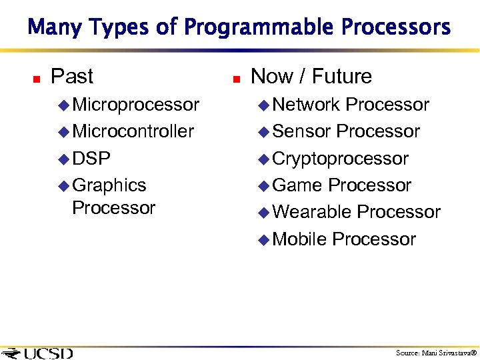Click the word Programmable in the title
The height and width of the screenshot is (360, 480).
point(260,28)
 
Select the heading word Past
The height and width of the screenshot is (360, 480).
point(72,77)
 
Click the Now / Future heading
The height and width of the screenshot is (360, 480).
point(311,77)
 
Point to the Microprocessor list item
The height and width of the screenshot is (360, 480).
point(135,105)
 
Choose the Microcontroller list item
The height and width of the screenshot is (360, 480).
point(133,131)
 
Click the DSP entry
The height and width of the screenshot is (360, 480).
point(91,159)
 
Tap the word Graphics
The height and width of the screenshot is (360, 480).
point(109,185)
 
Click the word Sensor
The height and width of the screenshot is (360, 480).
point(301,131)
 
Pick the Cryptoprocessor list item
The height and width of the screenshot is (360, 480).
point(340,159)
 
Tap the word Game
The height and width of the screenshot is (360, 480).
point(298,185)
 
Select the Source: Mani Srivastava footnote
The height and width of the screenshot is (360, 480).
point(436,353)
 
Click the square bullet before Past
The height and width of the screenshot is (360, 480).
point(37,79)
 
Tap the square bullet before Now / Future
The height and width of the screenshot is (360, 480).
point(236,79)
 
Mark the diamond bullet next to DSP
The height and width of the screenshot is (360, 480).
point(63,159)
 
